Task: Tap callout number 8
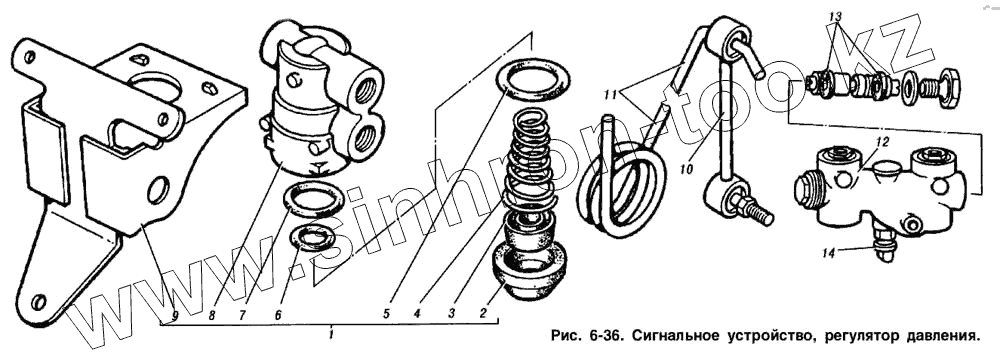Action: coord(212,315)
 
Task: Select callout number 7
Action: coord(244,315)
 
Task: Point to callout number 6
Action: coord(277,315)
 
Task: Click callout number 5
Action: coord(386,314)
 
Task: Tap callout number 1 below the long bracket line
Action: coord(331,334)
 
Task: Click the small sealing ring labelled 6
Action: coord(312,237)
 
